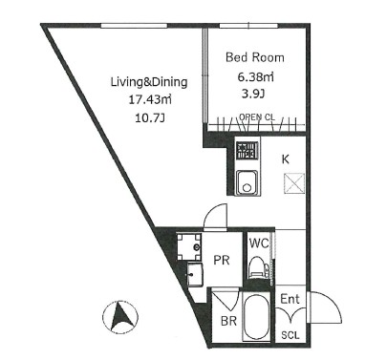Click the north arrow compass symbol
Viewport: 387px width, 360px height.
(120, 317)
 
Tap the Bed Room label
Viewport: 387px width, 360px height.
(255, 57)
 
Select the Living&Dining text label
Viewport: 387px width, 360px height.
(149, 82)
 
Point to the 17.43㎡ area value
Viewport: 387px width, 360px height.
(150, 100)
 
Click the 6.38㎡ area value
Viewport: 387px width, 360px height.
(255, 76)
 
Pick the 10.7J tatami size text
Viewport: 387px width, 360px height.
(150, 118)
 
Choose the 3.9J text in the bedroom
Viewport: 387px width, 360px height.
(254, 94)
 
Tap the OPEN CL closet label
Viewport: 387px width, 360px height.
(257, 116)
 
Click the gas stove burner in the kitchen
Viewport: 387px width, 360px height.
(247, 151)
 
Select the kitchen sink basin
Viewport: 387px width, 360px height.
(247, 181)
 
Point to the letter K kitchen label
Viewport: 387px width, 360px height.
(286, 159)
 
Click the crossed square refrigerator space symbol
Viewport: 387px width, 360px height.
(294, 183)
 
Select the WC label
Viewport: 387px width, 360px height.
(259, 244)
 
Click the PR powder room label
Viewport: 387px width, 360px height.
(222, 260)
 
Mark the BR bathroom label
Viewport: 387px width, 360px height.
(228, 321)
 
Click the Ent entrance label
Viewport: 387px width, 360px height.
(290, 299)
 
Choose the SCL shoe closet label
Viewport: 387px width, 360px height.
(290, 335)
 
